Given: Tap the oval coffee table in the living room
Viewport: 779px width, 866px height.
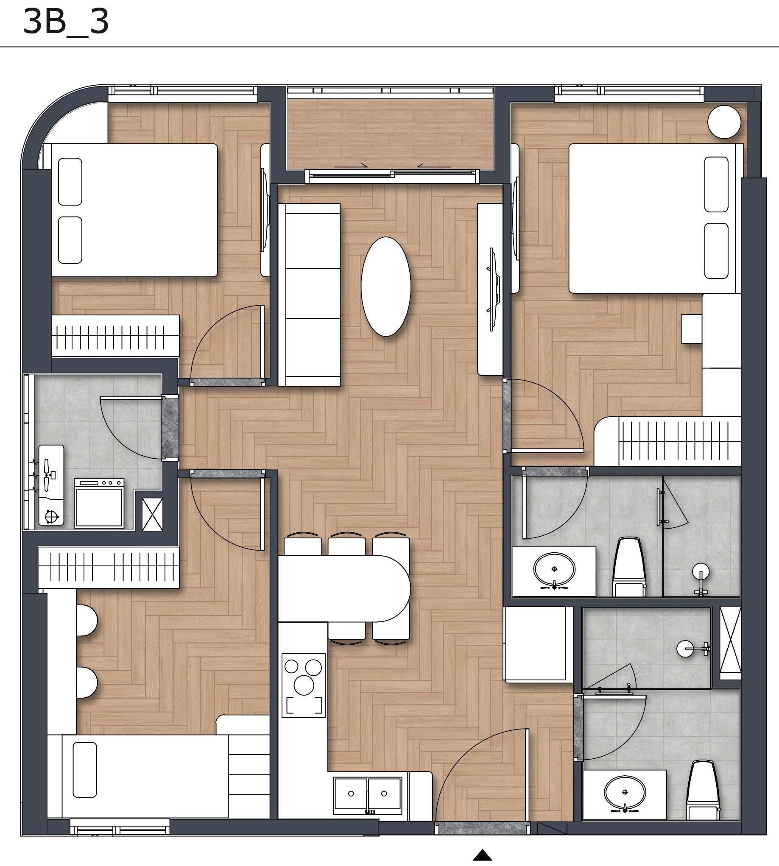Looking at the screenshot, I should pos(385,286).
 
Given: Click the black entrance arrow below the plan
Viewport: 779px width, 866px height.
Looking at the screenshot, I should pos(483,855).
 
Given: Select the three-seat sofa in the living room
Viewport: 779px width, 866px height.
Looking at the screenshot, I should pos(309,294).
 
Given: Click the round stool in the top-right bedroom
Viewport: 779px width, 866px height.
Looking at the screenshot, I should pos(724,123).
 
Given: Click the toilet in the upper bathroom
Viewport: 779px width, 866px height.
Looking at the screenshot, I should pos(629,567).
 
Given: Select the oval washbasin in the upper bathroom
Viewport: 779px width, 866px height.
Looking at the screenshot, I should pos(554,569).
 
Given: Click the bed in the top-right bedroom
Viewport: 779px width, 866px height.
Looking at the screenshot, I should pos(655,218).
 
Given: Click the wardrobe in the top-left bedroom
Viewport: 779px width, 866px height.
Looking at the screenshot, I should pos(115,336).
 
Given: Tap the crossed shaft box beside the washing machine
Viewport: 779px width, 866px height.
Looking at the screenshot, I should pos(152,514).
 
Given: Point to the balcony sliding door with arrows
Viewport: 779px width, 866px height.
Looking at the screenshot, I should pos(392,173).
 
